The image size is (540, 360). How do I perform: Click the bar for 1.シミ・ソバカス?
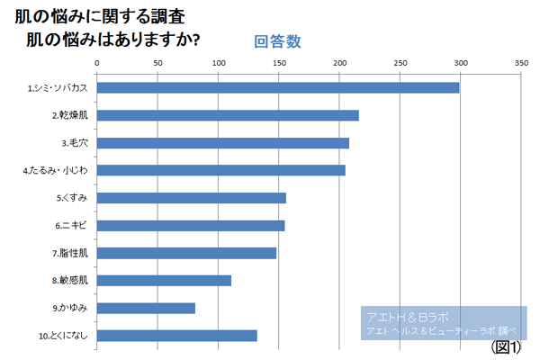coord(277,87)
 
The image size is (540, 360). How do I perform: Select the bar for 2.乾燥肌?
coord(228,115)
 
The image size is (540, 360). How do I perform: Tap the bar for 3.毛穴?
coord(222,143)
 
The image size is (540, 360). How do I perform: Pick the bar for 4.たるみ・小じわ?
coord(220,170)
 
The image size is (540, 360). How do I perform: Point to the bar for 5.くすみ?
coord(191,198)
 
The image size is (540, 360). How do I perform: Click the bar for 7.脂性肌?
coord(186,253)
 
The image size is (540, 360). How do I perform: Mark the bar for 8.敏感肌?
coord(164,281)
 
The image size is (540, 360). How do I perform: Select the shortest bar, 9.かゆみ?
coord(146,309)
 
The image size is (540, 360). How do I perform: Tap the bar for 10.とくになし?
coord(176,336)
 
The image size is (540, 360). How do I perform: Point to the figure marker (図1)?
coord(507,346)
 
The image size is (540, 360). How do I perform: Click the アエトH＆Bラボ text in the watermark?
coord(408,318)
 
